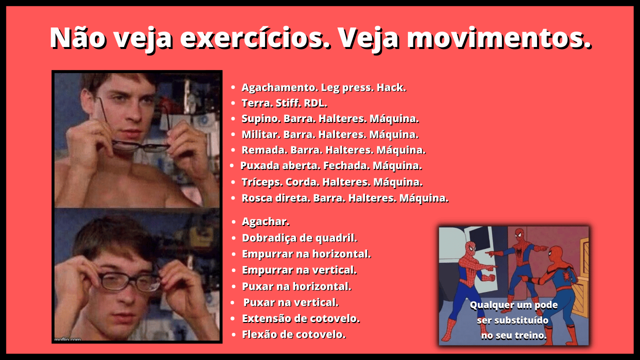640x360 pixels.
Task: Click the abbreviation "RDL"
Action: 315,103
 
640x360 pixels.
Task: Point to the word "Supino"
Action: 260,119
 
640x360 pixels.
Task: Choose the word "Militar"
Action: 260,134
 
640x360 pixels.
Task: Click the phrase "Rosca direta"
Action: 275,198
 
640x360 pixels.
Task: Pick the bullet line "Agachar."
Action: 265,221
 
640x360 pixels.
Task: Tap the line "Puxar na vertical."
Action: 291,302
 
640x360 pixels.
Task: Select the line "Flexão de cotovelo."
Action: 293,334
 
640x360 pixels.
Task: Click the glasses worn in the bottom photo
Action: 129,281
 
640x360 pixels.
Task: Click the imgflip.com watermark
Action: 67,339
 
